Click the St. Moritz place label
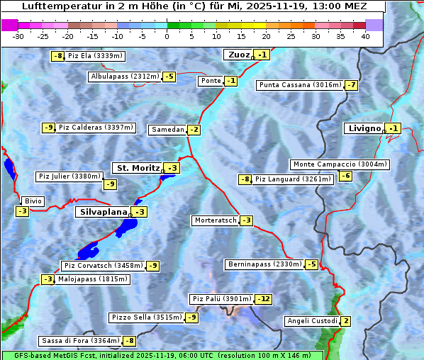[x=136, y=168]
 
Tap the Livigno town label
[x=364, y=128]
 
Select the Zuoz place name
[x=238, y=55]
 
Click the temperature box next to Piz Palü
[x=263, y=299]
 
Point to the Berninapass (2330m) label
[x=264, y=264]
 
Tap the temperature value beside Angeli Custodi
[x=345, y=321]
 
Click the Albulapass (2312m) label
[x=125, y=77]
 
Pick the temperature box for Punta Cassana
[x=351, y=85]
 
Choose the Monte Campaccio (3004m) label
[x=340, y=164]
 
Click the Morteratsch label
[x=215, y=220]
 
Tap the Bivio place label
[x=33, y=201]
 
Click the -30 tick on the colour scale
[x=18, y=36]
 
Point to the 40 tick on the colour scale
[x=365, y=36]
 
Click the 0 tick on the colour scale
[x=167, y=36]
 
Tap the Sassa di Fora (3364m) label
[x=80, y=341]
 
